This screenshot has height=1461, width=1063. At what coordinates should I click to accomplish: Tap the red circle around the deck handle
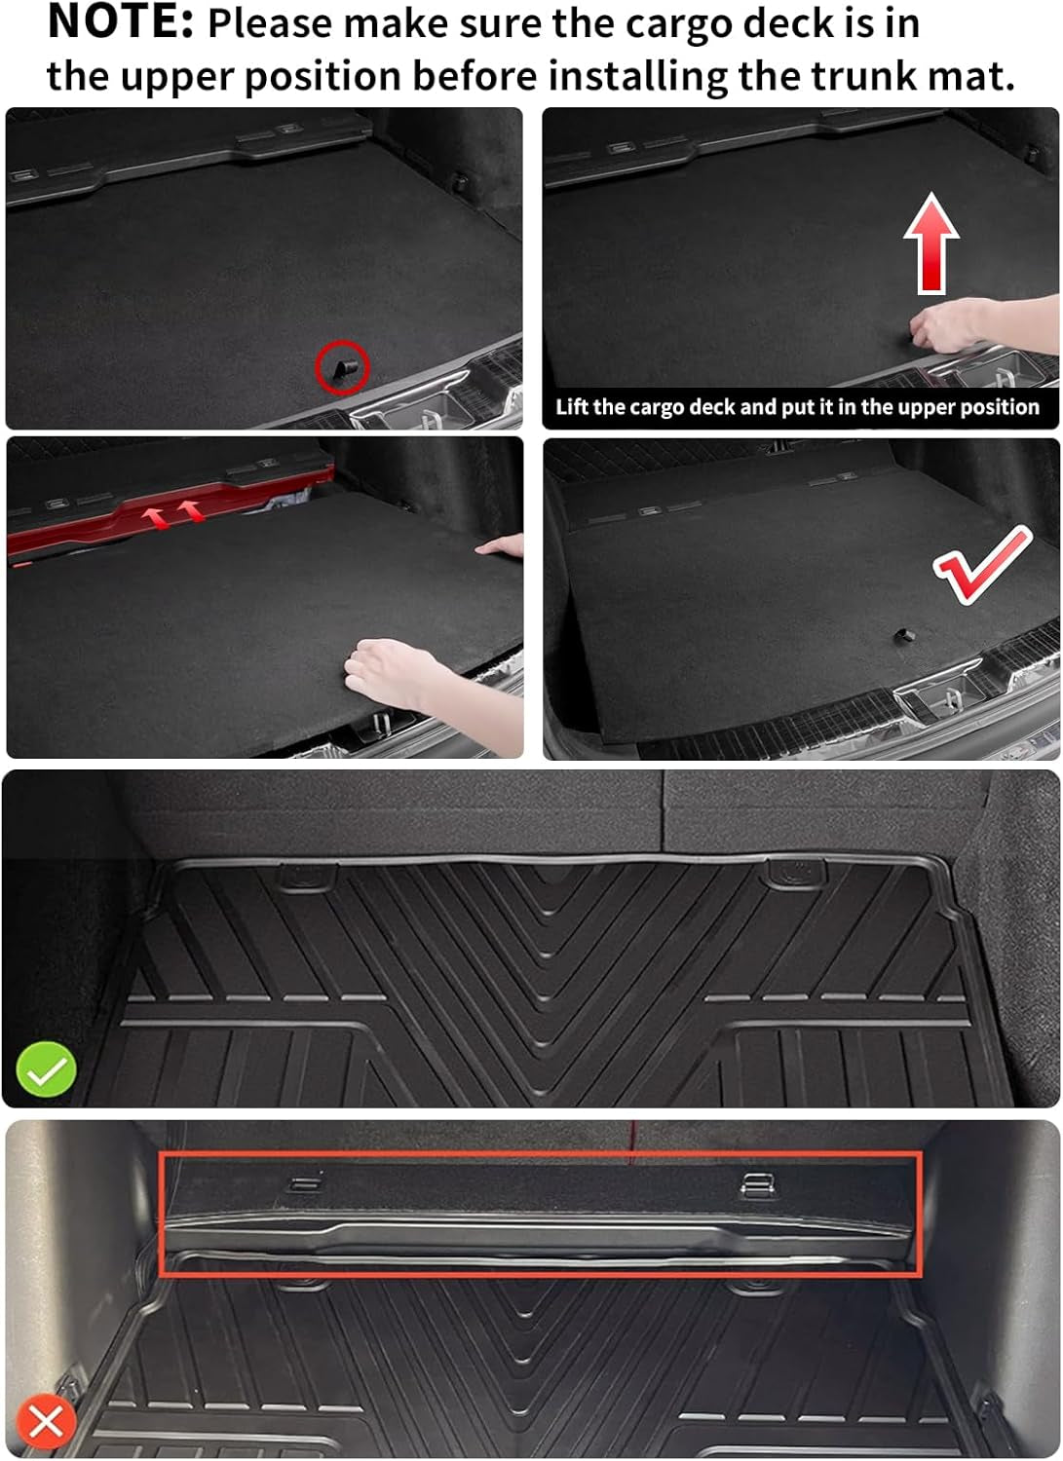click(342, 367)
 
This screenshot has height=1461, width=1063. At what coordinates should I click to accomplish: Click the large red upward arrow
click(931, 243)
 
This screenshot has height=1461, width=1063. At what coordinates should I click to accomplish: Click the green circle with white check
click(46, 1069)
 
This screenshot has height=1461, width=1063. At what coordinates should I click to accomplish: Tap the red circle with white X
click(46, 1421)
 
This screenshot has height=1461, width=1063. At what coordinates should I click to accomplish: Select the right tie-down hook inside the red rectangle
click(758, 1184)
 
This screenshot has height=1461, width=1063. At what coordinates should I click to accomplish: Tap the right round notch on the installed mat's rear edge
click(794, 873)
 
